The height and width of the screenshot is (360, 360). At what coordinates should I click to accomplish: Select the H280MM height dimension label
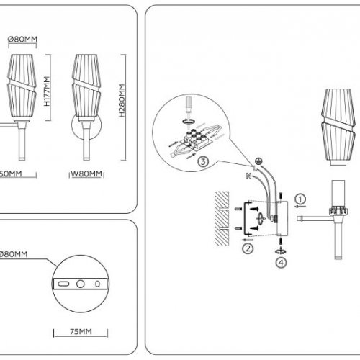click(x=122, y=100)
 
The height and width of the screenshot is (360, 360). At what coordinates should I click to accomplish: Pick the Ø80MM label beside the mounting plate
click(x=14, y=254)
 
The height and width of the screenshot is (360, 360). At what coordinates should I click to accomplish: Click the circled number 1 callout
click(x=302, y=199)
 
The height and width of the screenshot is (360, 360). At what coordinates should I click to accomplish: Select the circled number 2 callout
click(x=248, y=249)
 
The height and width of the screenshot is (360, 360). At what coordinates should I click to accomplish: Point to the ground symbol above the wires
click(x=257, y=159)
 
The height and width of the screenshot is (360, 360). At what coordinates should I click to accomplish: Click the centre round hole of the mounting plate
click(x=81, y=283)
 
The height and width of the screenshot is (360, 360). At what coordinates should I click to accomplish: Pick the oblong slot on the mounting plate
click(x=64, y=284)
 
